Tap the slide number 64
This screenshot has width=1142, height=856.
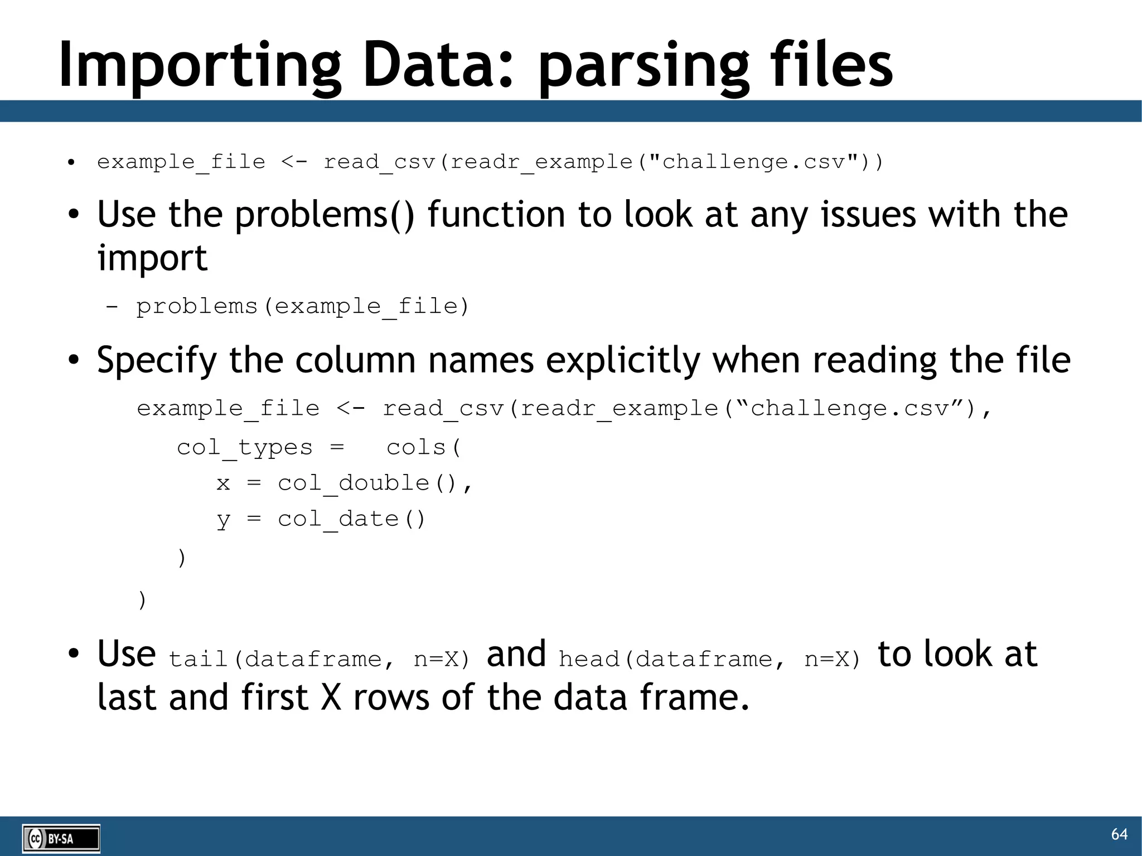[x=1119, y=834]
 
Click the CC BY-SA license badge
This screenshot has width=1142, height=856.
[x=61, y=838]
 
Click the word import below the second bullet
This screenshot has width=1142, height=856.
[x=152, y=259]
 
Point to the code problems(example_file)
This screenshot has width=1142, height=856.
[x=303, y=306]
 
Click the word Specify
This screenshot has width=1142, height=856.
[x=157, y=361]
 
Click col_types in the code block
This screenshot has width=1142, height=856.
[x=244, y=447]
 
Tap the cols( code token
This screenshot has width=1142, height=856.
[x=424, y=447]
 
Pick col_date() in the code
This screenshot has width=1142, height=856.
[x=351, y=519]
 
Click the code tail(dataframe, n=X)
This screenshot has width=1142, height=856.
[x=320, y=659]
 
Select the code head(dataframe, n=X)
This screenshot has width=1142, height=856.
[x=710, y=659]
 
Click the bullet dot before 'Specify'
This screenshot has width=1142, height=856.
[x=73, y=361]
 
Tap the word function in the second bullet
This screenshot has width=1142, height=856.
[x=496, y=215]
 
